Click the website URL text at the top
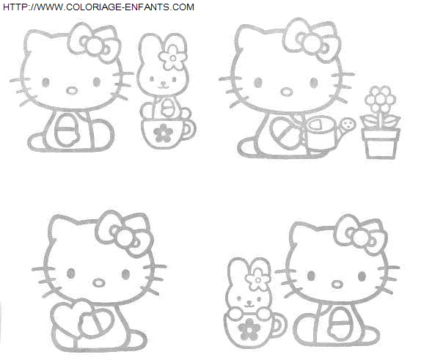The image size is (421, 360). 98,7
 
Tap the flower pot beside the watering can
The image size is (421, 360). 380,144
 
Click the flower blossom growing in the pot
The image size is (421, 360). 380,99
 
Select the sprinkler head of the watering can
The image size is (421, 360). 348,125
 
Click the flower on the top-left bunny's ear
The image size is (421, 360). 172,58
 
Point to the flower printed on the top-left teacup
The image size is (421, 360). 163,133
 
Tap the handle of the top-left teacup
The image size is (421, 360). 190,130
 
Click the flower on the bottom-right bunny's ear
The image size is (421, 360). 257,280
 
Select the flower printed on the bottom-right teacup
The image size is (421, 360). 249,329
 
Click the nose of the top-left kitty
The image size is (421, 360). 72,90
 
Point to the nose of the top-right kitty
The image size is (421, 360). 287,91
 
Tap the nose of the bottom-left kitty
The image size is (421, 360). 99,282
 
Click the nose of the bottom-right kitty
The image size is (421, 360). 337,284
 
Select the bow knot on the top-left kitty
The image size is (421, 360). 94,45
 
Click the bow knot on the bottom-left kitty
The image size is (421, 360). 125,238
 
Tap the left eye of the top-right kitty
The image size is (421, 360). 258,82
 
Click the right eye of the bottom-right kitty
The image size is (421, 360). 362,276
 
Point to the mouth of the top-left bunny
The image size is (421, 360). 163,87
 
